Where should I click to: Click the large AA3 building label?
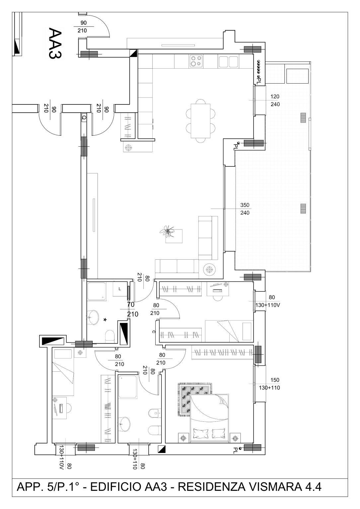click(x=54, y=43)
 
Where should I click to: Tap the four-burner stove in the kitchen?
click(x=196, y=61)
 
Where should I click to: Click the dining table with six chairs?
click(x=200, y=121)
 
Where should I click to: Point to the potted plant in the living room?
click(x=168, y=231)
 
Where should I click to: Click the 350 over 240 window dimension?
click(x=245, y=209)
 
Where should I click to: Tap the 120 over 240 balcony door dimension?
click(x=275, y=100)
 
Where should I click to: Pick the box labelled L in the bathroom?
click(x=120, y=289)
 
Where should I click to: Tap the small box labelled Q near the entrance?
click(x=84, y=117)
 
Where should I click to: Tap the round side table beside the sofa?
click(x=209, y=269)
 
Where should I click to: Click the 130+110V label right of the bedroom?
click(x=267, y=305)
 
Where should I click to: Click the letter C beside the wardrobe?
click(x=154, y=332)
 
